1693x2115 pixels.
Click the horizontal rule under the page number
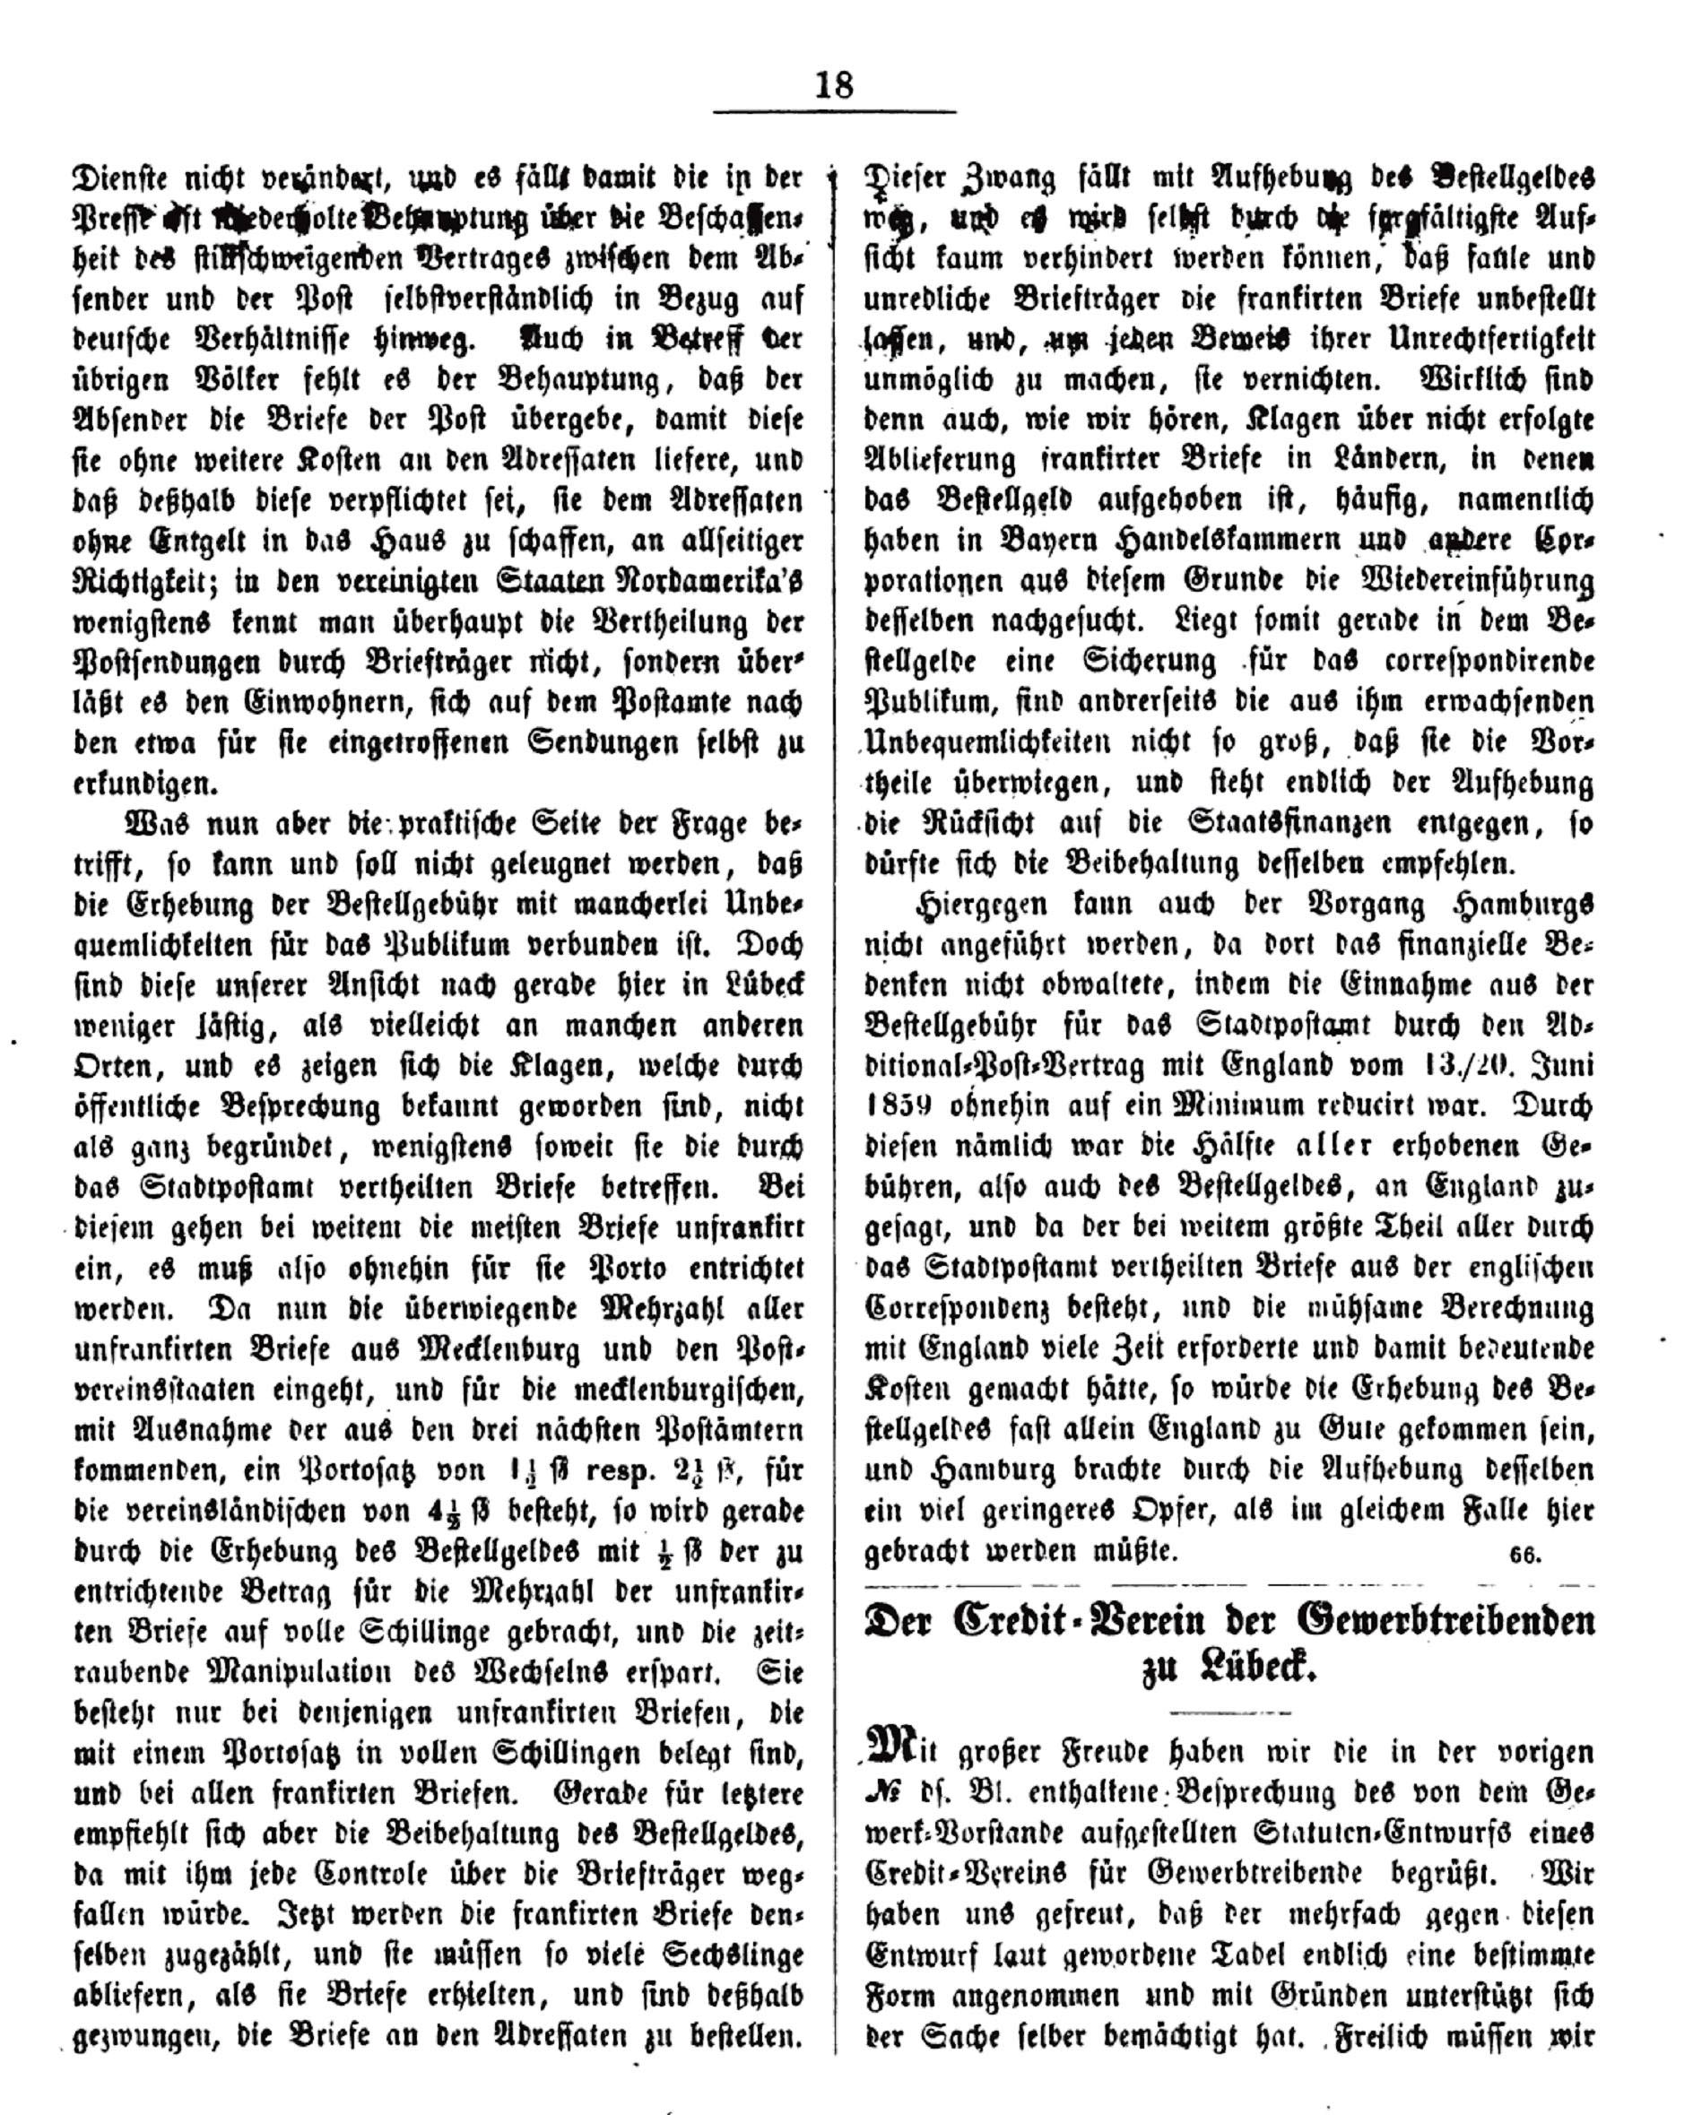coord(834,112)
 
